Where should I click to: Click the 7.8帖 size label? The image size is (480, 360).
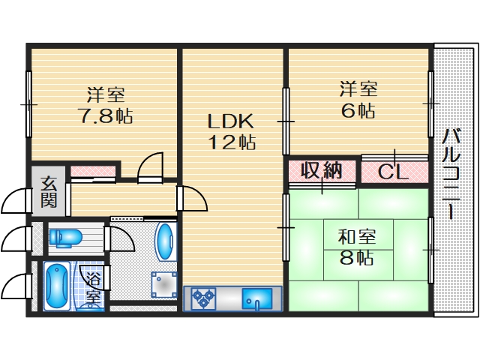pyautogui.click(x=106, y=117)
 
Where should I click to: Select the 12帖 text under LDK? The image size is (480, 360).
pyautogui.click(x=232, y=142)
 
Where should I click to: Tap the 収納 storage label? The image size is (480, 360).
pyautogui.click(x=322, y=171)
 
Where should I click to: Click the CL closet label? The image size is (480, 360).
pyautogui.click(x=392, y=172)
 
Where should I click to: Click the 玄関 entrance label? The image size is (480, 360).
pyautogui.click(x=49, y=191)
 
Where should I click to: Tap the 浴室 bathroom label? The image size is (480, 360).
pyautogui.click(x=93, y=288)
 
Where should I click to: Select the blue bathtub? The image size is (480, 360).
pyautogui.click(x=56, y=286)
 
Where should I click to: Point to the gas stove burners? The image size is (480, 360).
pyautogui.click(x=202, y=299)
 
